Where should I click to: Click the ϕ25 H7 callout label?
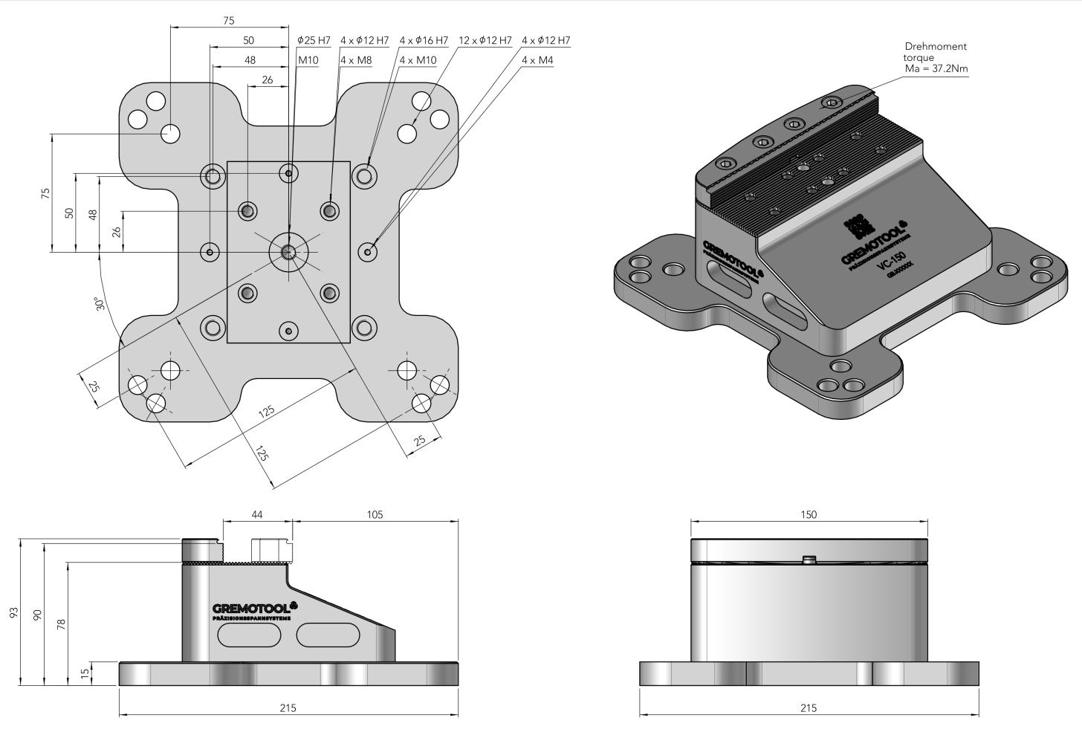[x=314, y=40]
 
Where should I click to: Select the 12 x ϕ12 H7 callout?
[x=485, y=40]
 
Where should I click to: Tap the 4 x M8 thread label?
[x=356, y=60]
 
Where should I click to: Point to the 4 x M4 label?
[x=537, y=60]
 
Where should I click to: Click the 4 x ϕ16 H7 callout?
[x=424, y=40]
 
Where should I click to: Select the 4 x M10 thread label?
[x=418, y=60]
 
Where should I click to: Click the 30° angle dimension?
[x=100, y=304]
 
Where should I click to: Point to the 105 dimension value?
[x=375, y=514]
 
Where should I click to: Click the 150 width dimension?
[x=809, y=514]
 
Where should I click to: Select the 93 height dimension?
[x=13, y=612]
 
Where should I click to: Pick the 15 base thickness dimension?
[x=85, y=673]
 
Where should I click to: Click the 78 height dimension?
[x=61, y=624]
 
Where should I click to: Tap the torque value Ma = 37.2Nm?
[x=936, y=68]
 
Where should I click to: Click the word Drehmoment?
[x=936, y=46]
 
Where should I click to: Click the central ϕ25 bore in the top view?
[x=288, y=251]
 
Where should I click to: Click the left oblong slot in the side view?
[x=250, y=635]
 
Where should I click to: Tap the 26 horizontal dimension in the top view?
[x=267, y=80]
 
